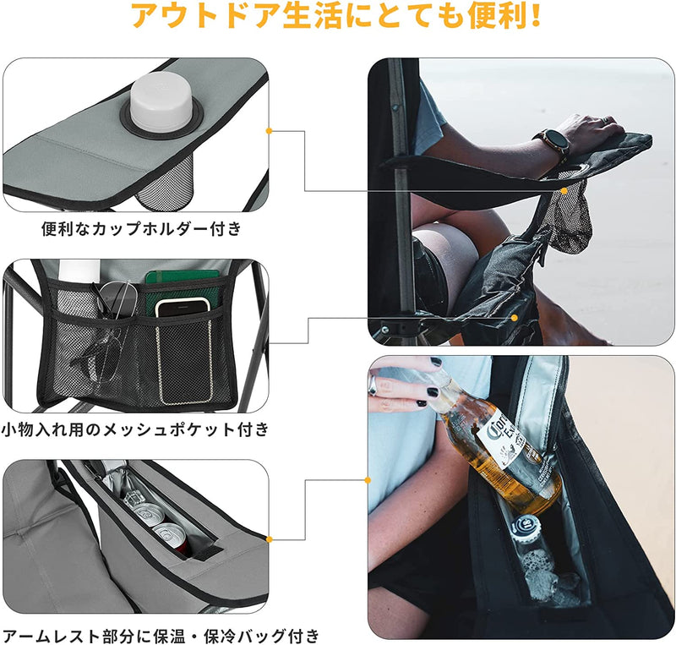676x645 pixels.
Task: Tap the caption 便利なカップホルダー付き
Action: (x=141, y=228)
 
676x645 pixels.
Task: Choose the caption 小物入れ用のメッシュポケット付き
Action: (x=135, y=429)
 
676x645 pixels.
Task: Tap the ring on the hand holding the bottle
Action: (x=373, y=385)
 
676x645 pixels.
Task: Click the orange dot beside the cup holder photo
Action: (x=269, y=131)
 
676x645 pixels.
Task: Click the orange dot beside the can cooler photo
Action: (x=269, y=538)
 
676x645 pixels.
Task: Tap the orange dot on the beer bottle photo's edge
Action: (x=368, y=480)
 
